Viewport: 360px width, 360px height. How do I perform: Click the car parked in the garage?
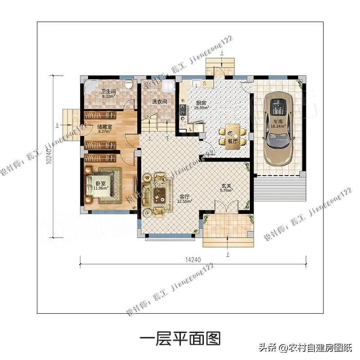coord(279,128)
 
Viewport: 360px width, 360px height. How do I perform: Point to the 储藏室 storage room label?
coord(104,127)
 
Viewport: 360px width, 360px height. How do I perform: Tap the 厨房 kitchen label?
coord(200,103)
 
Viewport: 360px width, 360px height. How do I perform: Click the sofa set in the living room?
coord(157,194)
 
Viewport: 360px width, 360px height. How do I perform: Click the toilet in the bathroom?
coord(129,84)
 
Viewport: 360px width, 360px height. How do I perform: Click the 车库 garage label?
coord(277,121)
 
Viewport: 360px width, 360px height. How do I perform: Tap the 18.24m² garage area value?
coord(279,127)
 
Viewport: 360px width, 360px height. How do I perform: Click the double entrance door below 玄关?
coord(226,206)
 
